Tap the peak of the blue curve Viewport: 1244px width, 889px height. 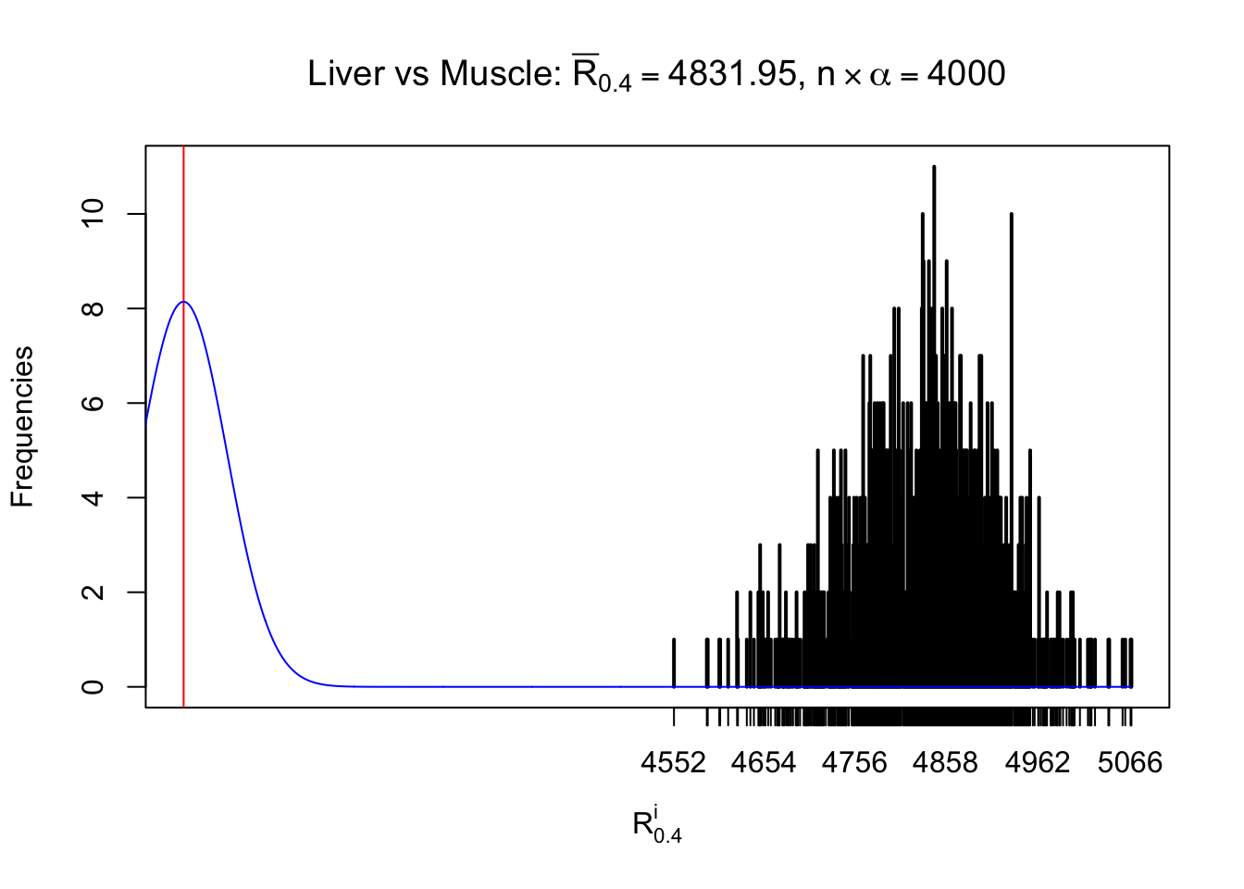[x=184, y=302]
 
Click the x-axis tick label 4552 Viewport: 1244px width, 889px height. [x=673, y=763]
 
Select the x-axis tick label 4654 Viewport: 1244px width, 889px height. [x=764, y=763]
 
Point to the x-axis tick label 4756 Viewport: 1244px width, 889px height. [x=854, y=763]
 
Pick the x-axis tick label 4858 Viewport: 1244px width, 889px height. [x=945, y=763]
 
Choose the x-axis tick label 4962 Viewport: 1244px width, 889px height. [x=1038, y=763]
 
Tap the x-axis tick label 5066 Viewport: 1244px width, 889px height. [x=1129, y=763]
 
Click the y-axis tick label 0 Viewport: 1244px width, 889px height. [x=93, y=686]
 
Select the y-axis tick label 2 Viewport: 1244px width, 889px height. [x=93, y=592]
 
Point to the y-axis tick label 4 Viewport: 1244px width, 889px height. [x=93, y=497]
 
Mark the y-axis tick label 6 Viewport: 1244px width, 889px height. [x=93, y=403]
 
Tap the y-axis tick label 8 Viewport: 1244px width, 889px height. [x=93, y=308]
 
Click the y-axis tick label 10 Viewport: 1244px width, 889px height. [x=93, y=214]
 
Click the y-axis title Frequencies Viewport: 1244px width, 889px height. [x=22, y=427]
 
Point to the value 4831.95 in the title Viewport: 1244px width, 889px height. [x=731, y=74]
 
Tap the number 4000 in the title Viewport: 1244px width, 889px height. [x=965, y=74]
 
